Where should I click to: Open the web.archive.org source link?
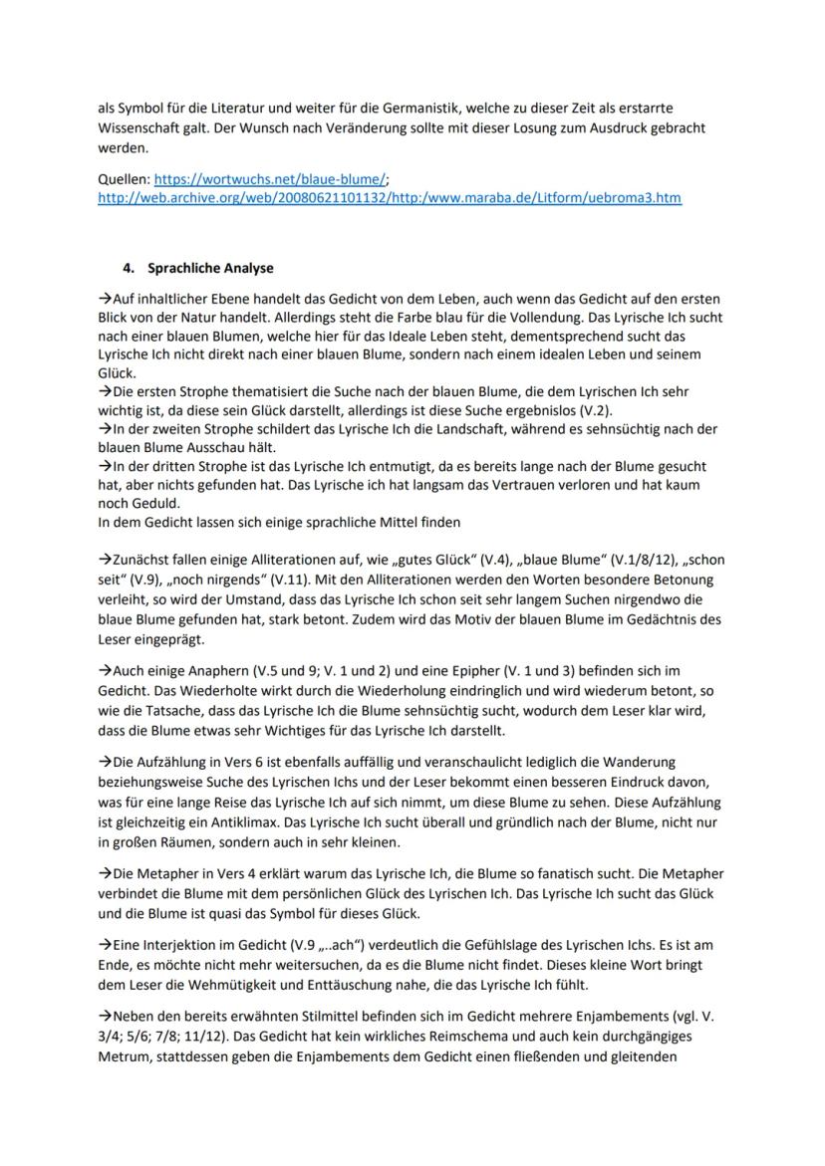pyautogui.click(x=390, y=197)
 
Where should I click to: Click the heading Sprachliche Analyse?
pyautogui.click(x=210, y=268)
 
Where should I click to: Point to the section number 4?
pyautogui.click(x=127, y=268)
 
